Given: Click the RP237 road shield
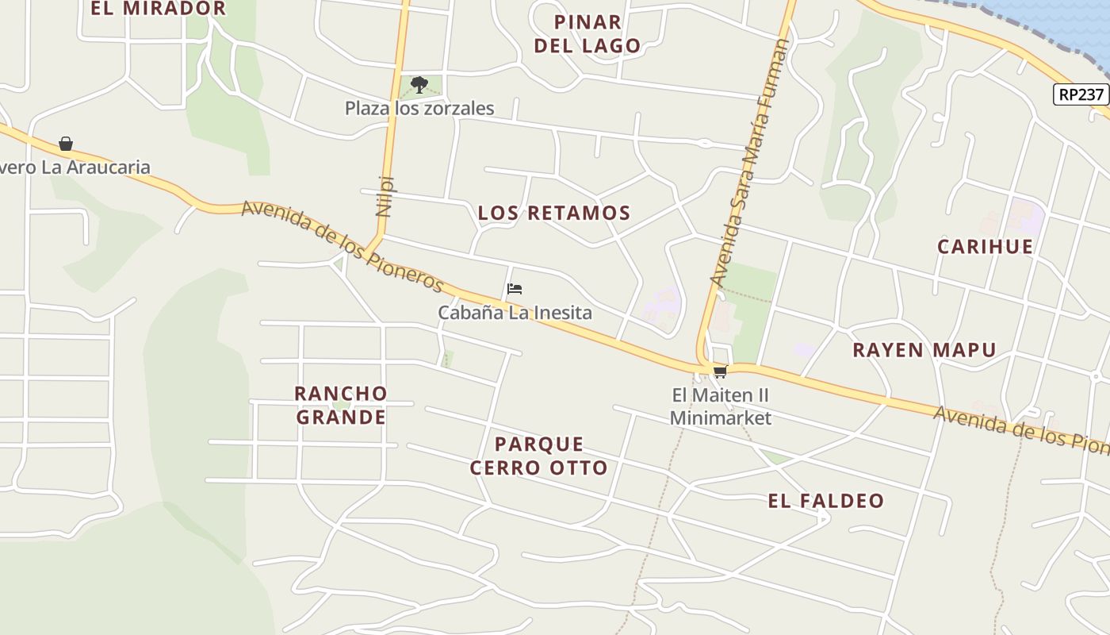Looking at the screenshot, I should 1081,94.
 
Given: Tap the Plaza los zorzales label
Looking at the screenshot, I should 419,109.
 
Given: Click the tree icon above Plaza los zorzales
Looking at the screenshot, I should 419,84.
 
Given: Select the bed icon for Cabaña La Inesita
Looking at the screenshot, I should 515,289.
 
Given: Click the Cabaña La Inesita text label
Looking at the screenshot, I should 515,313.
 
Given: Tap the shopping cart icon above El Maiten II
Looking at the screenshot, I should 720,371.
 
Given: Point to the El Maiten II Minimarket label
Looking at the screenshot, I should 720,406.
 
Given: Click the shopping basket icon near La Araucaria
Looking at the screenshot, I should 66,144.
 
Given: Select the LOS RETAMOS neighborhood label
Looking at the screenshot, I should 554,213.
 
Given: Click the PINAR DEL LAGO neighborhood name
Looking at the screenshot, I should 587,34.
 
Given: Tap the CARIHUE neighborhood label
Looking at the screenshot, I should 985,246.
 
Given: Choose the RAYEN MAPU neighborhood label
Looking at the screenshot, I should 924,350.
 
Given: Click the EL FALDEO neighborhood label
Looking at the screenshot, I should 825,501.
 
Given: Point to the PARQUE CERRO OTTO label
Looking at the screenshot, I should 539,456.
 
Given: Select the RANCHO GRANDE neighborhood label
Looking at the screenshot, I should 341,405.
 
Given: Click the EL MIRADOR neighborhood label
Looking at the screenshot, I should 158,9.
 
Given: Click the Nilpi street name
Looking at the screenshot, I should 385,195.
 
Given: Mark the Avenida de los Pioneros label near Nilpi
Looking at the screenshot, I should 343,244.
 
